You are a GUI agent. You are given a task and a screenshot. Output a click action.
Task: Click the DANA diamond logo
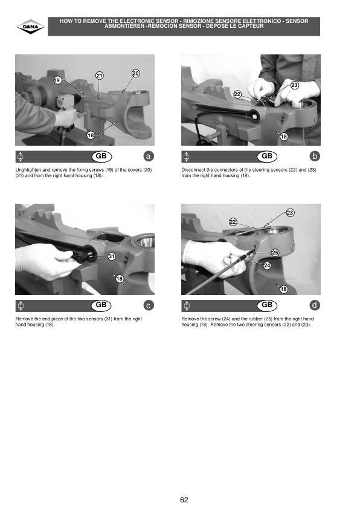point(30,27)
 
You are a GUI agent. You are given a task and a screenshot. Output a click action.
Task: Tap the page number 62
point(184,499)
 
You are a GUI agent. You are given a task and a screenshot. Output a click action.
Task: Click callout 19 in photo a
point(57,80)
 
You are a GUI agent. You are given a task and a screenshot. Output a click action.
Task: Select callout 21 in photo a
point(99,76)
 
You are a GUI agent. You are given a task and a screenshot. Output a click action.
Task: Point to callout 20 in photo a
point(135,73)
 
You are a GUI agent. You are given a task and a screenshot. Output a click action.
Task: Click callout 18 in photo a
point(91,135)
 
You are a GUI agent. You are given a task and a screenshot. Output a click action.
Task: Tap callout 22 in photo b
point(237,94)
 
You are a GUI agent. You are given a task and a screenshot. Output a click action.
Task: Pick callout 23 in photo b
point(294,85)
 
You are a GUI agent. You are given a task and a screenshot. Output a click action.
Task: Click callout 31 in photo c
point(112,256)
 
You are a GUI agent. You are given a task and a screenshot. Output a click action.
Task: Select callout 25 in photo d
point(275,253)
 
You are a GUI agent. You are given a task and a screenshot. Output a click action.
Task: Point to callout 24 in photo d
point(267,265)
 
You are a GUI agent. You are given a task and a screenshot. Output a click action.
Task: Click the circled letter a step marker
point(149,157)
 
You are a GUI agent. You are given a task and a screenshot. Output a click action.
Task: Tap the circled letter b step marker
point(314,157)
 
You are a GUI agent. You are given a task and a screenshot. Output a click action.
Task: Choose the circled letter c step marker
point(149,305)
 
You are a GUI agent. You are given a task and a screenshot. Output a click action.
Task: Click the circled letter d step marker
point(314,305)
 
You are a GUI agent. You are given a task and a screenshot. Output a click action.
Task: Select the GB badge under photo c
point(101,305)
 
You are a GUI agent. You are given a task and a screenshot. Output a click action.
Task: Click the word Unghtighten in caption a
point(28,170)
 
